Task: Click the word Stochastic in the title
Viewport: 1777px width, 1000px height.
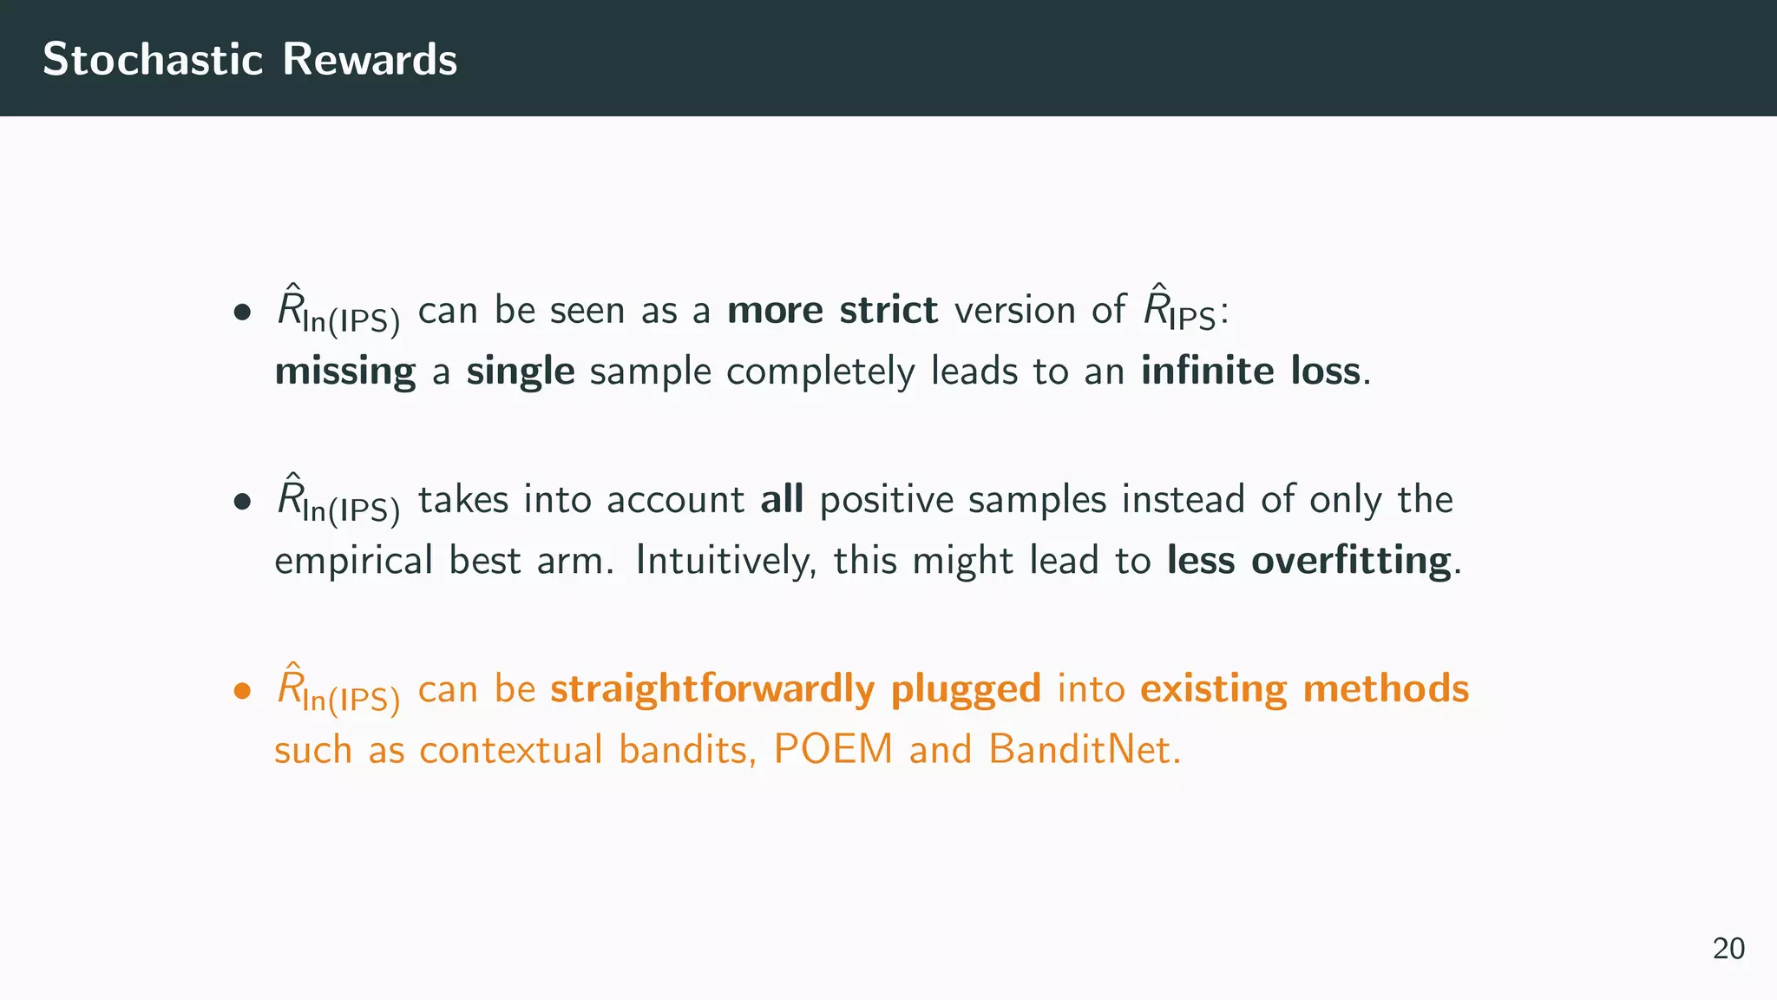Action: pos(153,59)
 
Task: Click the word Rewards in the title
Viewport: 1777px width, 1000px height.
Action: pos(370,59)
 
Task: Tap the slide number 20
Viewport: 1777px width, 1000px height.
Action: pos(1728,948)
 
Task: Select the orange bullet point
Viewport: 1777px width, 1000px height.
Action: pos(242,691)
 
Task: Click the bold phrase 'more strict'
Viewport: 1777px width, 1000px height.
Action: pos(831,310)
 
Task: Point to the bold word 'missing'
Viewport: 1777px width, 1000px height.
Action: pos(344,372)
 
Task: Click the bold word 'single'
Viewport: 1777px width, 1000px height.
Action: pos(520,372)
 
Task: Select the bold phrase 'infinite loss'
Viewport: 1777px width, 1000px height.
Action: pos(1250,371)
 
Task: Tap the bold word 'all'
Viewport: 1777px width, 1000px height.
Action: pos(781,499)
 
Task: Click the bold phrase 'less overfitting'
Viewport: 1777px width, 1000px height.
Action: pos(1308,560)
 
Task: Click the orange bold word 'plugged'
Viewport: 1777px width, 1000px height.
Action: pos(965,689)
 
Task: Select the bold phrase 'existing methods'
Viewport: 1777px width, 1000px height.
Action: pos(1304,688)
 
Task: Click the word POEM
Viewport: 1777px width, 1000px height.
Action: pos(833,749)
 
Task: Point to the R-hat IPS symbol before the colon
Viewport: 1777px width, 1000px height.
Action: pos(1178,310)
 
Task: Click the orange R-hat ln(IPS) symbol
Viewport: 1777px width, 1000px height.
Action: pos(338,691)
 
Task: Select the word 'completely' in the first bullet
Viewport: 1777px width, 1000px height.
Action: pos(820,372)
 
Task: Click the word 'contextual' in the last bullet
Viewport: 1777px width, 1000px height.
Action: pos(510,750)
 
